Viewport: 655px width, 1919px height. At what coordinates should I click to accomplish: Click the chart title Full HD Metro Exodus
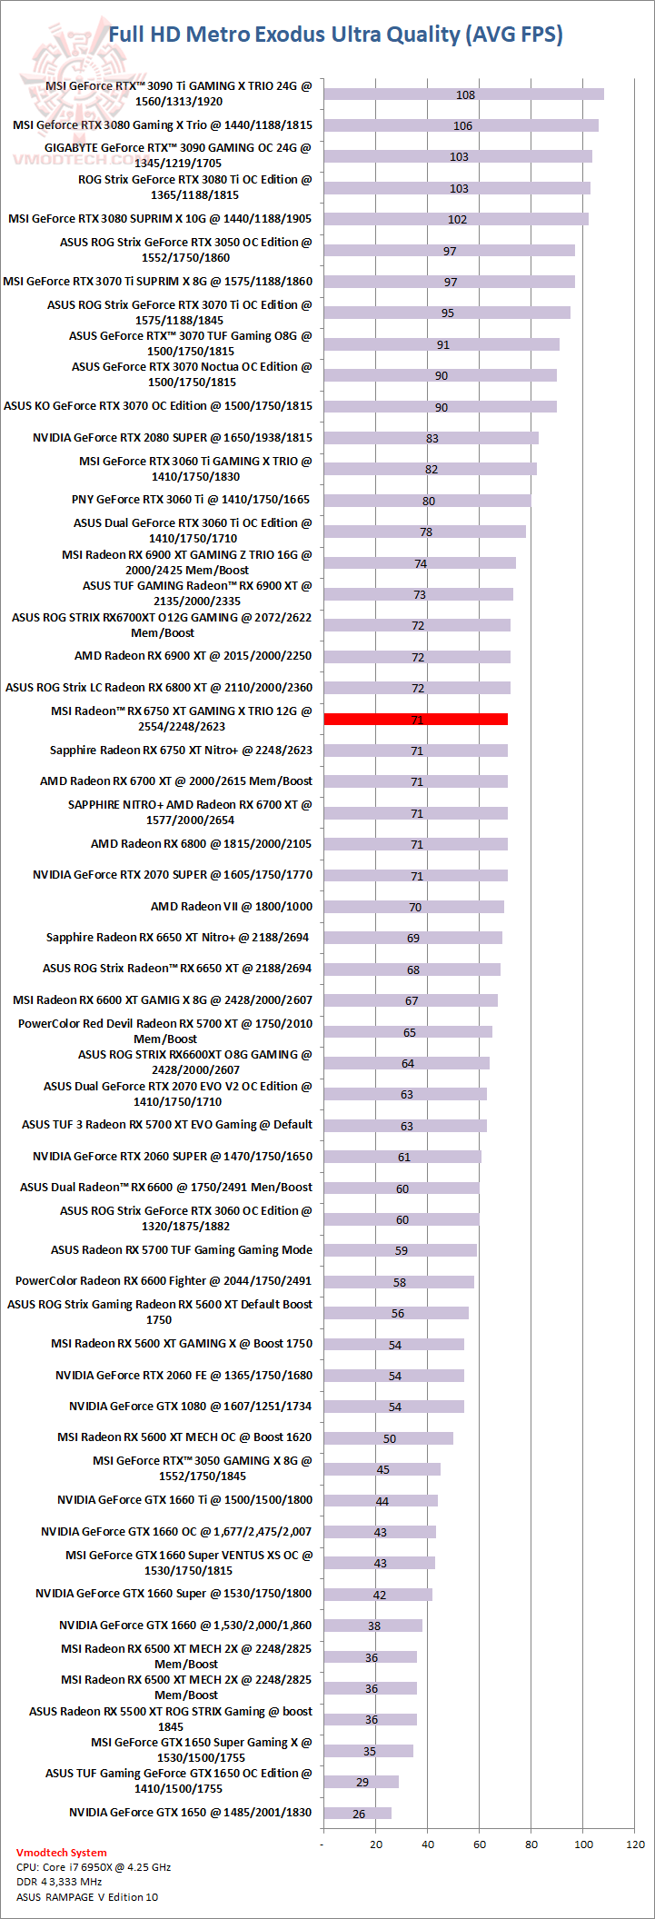tap(335, 35)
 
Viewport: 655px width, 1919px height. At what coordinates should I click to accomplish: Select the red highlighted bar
tap(415, 720)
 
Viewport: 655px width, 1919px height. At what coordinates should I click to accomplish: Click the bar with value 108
tap(463, 94)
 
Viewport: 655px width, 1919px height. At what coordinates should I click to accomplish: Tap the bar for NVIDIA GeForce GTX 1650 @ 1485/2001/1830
tap(357, 1814)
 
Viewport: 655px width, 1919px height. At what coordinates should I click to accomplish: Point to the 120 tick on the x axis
tap(636, 1844)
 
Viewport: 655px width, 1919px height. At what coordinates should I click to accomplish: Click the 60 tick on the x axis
tap(480, 1844)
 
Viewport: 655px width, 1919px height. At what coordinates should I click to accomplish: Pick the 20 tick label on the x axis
tap(376, 1844)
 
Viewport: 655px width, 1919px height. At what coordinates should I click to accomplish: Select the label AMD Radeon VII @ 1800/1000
tap(231, 906)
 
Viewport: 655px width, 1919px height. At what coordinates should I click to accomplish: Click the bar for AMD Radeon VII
tap(413, 907)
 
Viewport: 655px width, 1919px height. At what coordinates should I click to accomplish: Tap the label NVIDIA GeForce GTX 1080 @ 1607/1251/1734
tap(190, 1406)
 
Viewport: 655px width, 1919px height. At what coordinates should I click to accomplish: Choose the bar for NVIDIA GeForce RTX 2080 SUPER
tap(431, 438)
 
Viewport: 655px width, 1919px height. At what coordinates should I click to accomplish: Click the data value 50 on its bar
tap(390, 1438)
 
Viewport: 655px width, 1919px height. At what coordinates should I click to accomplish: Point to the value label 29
tap(362, 1783)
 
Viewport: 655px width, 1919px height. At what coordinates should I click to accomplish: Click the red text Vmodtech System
tap(62, 1853)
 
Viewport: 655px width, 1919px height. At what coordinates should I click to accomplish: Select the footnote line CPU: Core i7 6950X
tap(94, 1867)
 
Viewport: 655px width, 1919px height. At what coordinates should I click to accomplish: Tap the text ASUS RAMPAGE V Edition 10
tap(87, 1897)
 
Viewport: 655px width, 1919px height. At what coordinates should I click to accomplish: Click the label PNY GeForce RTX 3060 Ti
tap(191, 499)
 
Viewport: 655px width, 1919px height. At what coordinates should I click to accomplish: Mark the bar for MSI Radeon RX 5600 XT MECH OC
tap(388, 1438)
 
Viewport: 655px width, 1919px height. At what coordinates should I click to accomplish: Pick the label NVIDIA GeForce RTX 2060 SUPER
tap(173, 1156)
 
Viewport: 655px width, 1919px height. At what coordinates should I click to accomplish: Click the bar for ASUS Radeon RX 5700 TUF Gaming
tap(400, 1250)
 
